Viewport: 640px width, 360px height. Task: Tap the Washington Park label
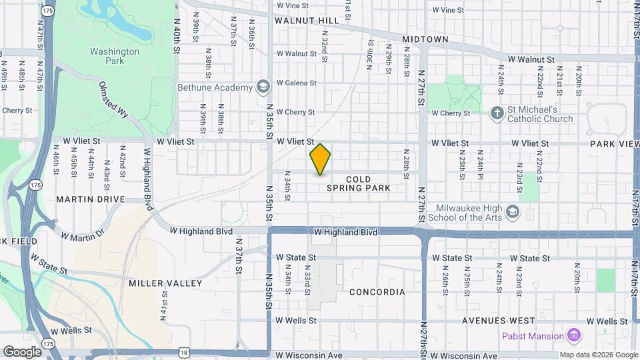[115, 56]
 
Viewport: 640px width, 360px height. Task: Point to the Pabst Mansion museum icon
[573, 335]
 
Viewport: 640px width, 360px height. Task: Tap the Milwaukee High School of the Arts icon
[512, 212]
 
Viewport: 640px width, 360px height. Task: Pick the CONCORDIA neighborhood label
[377, 292]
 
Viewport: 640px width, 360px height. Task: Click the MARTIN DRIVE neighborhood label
[91, 199]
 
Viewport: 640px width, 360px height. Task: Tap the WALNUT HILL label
[307, 21]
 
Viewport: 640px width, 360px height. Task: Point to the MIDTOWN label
[425, 39]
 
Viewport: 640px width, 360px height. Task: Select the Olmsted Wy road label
[113, 99]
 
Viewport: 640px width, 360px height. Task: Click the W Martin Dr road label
[83, 235]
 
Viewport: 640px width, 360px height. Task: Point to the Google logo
[22, 351]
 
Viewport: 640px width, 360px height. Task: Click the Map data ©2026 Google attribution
[598, 355]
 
